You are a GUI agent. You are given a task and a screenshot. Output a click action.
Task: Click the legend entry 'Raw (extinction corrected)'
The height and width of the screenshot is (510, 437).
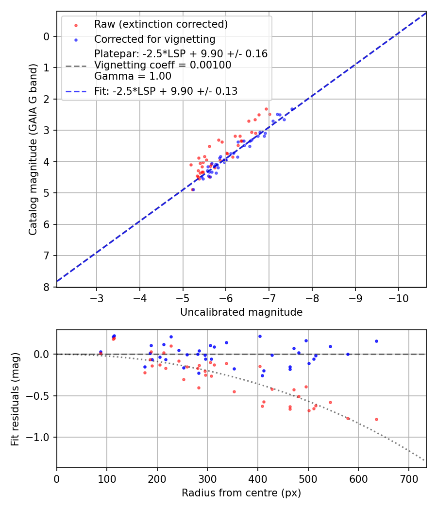[161, 24]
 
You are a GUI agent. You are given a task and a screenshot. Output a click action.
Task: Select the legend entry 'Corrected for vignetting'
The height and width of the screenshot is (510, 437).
[154, 39]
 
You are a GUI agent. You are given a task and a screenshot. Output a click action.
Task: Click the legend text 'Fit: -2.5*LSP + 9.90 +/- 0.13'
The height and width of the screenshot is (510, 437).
[166, 91]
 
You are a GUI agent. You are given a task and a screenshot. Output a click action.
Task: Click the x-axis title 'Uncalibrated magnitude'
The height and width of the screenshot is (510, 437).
[241, 312]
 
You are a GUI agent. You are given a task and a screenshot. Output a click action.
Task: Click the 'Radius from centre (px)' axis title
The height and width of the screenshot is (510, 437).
[241, 493]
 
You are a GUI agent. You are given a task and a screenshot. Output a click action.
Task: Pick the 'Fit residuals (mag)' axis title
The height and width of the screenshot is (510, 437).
[15, 399]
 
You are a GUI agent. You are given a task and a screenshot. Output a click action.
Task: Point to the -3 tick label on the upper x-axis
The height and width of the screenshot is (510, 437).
[97, 297]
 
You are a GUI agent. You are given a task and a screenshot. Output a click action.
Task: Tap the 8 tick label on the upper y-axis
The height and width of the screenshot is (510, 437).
[47, 287]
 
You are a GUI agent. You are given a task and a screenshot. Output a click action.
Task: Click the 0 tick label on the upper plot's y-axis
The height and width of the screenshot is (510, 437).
[47, 36]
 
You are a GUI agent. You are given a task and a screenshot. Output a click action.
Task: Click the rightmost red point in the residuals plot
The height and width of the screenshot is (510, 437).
[376, 419]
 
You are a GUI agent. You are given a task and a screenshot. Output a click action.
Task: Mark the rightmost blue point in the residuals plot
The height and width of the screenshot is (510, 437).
[376, 341]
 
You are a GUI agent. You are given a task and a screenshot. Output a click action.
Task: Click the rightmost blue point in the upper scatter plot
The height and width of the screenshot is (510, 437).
[292, 109]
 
